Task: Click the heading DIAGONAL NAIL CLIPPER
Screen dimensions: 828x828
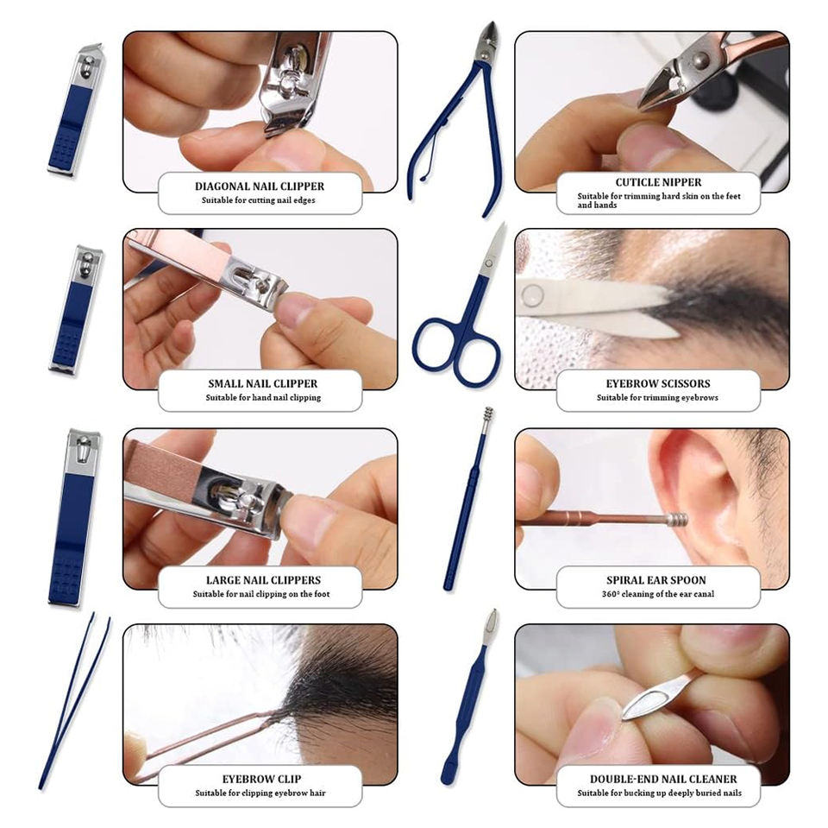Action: (x=260, y=186)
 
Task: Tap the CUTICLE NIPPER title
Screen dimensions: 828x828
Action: (x=658, y=182)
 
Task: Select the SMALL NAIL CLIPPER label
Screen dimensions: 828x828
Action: (x=262, y=383)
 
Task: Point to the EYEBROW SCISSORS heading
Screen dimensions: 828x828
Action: (x=658, y=383)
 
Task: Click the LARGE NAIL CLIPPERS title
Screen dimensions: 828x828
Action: (x=263, y=580)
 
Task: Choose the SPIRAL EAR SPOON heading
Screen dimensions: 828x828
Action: (x=655, y=580)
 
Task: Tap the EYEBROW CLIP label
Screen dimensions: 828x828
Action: (x=261, y=779)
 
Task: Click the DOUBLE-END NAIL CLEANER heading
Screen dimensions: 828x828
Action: (x=662, y=779)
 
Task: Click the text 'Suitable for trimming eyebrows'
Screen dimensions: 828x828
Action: (x=657, y=398)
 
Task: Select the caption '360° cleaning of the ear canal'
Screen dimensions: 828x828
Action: (x=658, y=594)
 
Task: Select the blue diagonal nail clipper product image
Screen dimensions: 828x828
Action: (x=76, y=110)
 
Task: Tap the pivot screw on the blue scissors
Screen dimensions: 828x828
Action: (x=489, y=263)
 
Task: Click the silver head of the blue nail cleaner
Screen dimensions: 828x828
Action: (x=491, y=627)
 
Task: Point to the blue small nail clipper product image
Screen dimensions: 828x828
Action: (x=76, y=309)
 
